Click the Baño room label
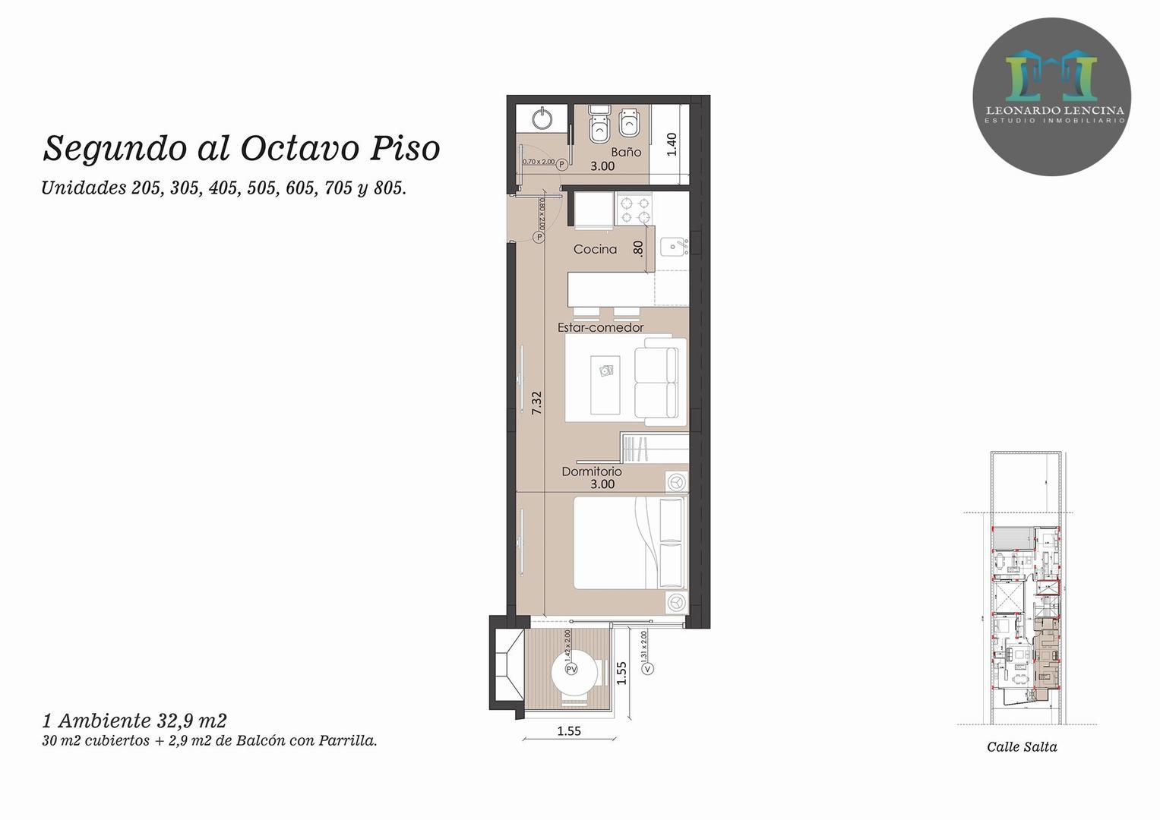[626, 152]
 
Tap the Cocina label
[595, 249]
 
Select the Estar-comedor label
[600, 327]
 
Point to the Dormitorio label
[591, 471]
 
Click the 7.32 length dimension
[536, 402]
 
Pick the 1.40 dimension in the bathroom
[671, 144]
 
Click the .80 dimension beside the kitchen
[638, 248]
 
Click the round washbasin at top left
[542, 119]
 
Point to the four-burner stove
[634, 209]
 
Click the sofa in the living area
[658, 381]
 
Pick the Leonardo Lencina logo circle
[1052, 96]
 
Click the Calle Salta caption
[1022, 747]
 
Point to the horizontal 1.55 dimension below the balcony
[569, 731]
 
